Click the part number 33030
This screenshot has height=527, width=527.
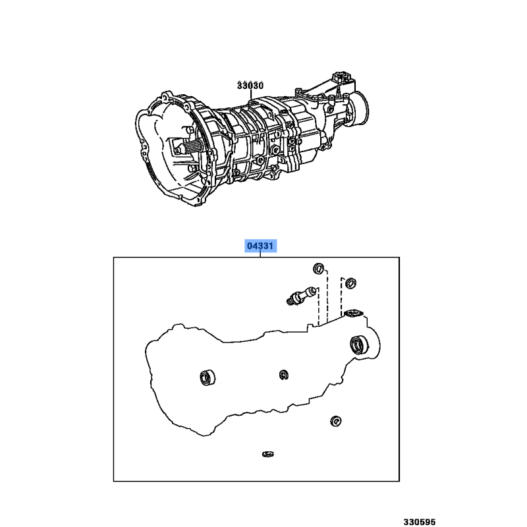point(250,86)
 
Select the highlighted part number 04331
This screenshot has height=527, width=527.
point(260,246)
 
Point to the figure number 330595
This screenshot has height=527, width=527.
point(420,522)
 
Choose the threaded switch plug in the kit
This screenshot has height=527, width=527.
point(301,295)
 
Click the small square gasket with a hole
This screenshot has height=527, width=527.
point(353,314)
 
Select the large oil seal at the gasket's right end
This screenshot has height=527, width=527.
point(359,345)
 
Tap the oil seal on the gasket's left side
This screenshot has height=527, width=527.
point(208,377)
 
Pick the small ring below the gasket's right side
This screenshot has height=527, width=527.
point(336,421)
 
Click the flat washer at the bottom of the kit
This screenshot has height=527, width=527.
point(268,454)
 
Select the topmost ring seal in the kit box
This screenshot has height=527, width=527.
point(319,269)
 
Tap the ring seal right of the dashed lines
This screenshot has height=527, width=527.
point(351,283)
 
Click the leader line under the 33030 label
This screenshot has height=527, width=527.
point(251,96)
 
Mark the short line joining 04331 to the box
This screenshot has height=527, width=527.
point(260,255)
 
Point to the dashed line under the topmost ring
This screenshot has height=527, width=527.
point(327,296)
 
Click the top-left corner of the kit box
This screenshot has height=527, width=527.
point(113,258)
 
